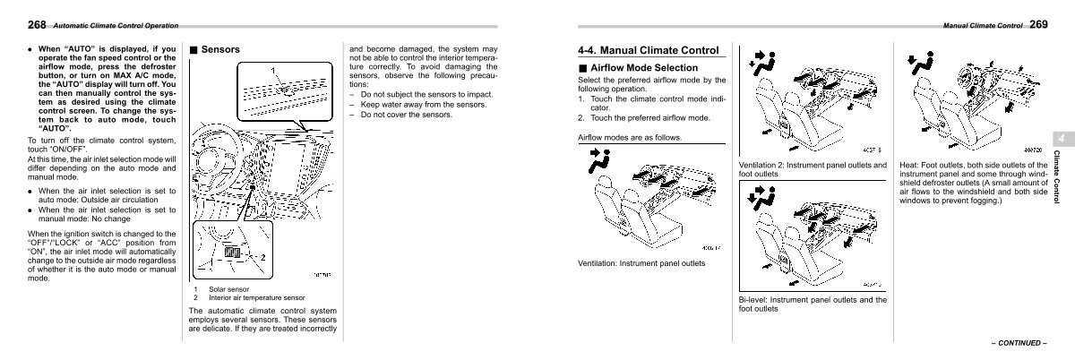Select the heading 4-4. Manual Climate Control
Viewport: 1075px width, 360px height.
(x=649, y=50)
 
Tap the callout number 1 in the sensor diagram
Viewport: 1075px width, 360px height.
(x=274, y=70)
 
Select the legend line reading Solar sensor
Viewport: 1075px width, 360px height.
(x=228, y=289)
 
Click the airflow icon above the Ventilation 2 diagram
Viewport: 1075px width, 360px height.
(x=758, y=61)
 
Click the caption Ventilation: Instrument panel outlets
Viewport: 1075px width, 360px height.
(x=641, y=263)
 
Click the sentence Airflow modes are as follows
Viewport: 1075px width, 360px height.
(x=630, y=137)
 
